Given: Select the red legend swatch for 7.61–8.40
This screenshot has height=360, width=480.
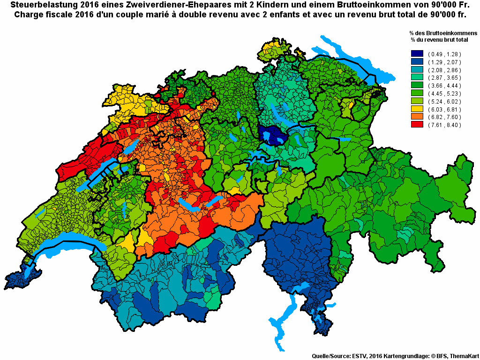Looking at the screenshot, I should coord(417,125).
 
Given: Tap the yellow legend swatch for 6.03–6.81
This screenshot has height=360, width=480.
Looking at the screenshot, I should coord(417,109).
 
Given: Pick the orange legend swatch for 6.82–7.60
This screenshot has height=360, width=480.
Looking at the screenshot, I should coord(417,117).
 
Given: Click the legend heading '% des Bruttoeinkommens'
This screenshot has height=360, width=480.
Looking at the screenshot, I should coord(443,34).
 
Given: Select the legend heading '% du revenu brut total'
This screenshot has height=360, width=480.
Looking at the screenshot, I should coord(443,40).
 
